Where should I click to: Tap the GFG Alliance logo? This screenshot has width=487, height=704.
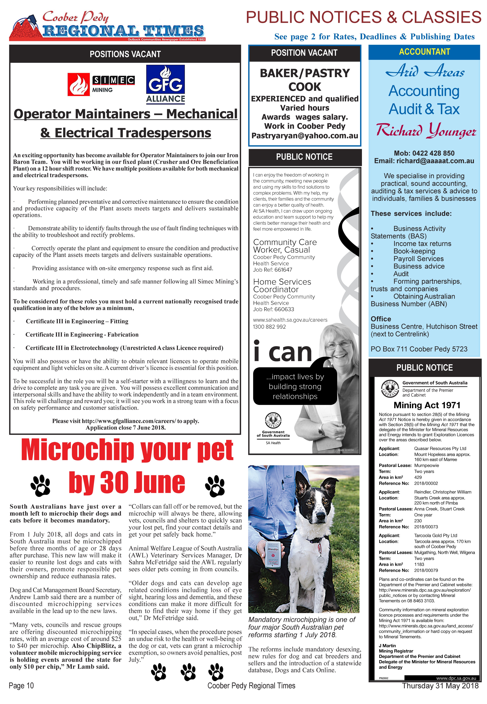pyautogui.click(x=165, y=84)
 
